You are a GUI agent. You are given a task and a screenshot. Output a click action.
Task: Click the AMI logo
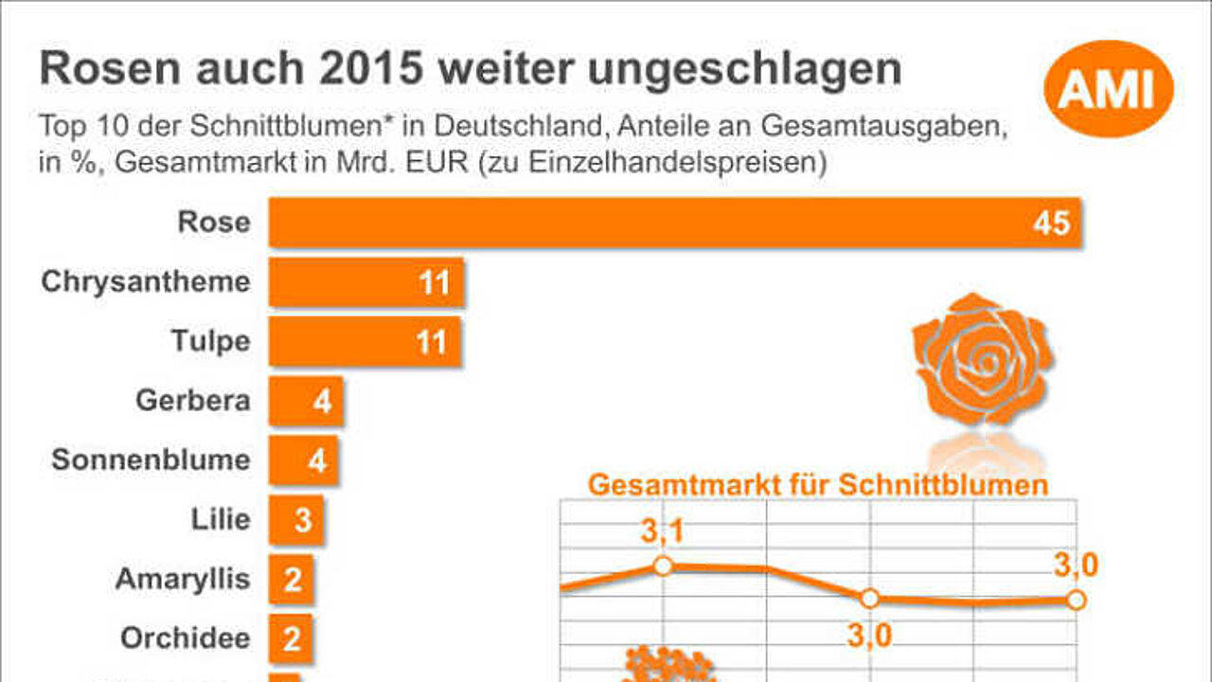pyautogui.click(x=1109, y=89)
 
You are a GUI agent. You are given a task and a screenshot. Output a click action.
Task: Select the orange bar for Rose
pyautogui.click(x=675, y=223)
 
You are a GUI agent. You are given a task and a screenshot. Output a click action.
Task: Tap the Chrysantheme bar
pyautogui.click(x=366, y=282)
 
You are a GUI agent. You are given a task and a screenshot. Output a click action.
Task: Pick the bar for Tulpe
pyautogui.click(x=365, y=342)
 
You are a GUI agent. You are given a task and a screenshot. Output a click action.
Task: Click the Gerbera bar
pyautogui.click(x=306, y=401)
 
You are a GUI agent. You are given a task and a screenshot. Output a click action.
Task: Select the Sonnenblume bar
pyautogui.click(x=304, y=460)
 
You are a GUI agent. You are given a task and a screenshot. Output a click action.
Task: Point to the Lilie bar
pyautogui.click(x=296, y=520)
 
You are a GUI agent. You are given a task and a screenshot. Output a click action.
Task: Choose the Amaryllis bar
pyautogui.click(x=291, y=579)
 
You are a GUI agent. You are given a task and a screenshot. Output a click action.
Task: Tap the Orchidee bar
pyautogui.click(x=291, y=638)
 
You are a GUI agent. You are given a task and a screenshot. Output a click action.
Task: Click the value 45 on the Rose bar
pyautogui.click(x=1051, y=223)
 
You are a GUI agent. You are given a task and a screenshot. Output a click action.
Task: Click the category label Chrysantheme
pyautogui.click(x=146, y=282)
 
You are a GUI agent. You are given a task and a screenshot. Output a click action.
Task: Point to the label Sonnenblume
pyautogui.click(x=151, y=459)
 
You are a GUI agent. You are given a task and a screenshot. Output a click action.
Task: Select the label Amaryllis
pyautogui.click(x=183, y=579)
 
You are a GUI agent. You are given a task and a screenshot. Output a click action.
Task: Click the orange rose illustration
pyautogui.click(x=983, y=359)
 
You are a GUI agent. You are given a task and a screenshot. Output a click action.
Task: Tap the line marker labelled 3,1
pyautogui.click(x=664, y=566)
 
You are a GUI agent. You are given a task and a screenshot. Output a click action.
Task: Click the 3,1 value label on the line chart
pyautogui.click(x=663, y=530)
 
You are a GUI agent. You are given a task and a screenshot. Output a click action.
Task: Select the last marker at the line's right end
pyautogui.click(x=1077, y=600)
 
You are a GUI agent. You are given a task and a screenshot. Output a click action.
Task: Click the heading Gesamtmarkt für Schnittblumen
pyautogui.click(x=818, y=484)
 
